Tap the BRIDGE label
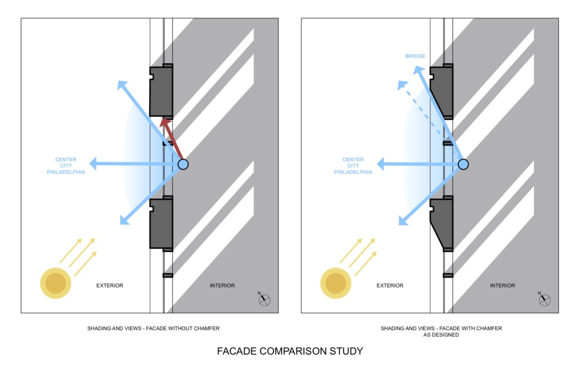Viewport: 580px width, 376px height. [x=415, y=56]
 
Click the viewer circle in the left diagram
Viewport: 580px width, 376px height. [x=183, y=164]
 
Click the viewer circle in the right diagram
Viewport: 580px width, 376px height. [x=463, y=164]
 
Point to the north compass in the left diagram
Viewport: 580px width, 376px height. [x=264, y=299]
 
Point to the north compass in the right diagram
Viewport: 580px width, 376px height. [x=544, y=299]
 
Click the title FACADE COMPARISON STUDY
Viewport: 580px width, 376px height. [x=290, y=351]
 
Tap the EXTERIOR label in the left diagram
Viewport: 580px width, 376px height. [x=110, y=285]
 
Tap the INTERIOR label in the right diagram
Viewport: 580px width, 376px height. [x=502, y=285]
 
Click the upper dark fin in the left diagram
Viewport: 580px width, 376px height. [x=161, y=91]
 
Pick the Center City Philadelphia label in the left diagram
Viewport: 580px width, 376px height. [x=70, y=166]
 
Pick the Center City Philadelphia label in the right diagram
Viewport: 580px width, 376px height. [x=353, y=166]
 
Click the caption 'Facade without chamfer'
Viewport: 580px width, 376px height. [x=153, y=328]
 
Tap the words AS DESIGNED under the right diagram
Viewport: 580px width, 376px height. [x=441, y=335]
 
